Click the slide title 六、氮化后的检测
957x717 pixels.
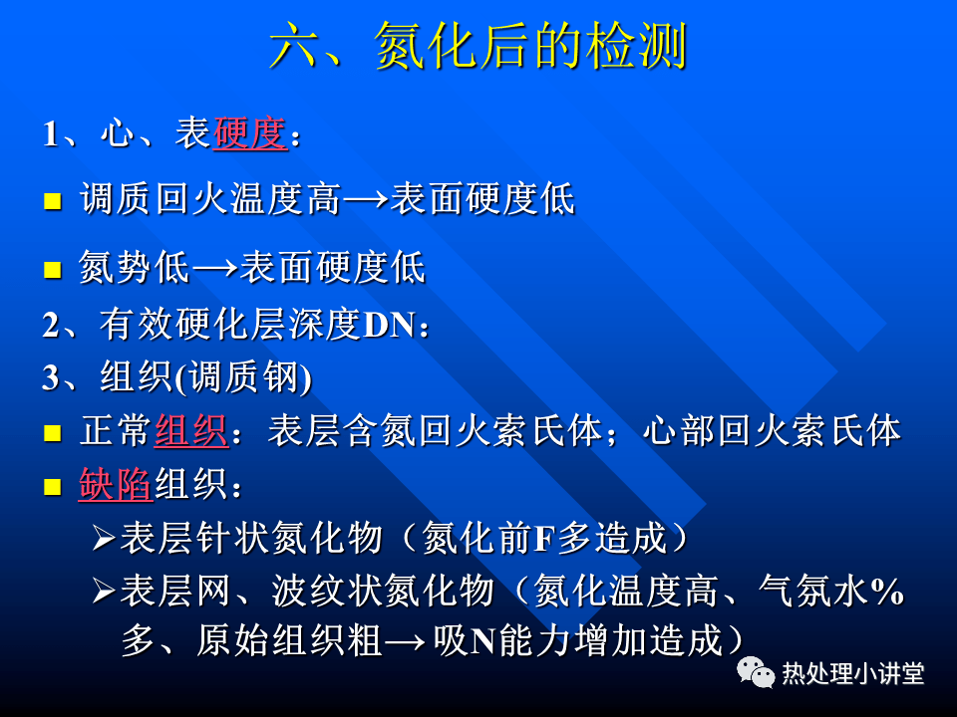[x=478, y=45]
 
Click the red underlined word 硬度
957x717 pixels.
[x=250, y=132]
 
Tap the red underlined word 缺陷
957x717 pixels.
[x=116, y=485]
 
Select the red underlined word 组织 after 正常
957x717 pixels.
[x=191, y=431]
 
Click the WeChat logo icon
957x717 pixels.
[x=756, y=672]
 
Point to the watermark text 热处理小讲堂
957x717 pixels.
[x=853, y=673]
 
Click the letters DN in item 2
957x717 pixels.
[x=389, y=325]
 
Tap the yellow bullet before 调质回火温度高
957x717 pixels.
[x=53, y=201]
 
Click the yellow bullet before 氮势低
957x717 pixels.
[x=53, y=270]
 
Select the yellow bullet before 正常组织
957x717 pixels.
[x=53, y=433]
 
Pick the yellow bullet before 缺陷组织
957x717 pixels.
[x=53, y=487]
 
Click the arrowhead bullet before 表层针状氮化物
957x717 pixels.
[x=104, y=539]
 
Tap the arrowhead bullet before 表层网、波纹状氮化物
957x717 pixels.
[x=104, y=591]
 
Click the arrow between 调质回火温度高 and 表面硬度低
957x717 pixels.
[x=365, y=199]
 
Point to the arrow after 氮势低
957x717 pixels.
[x=215, y=268]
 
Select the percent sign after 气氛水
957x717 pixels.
[x=887, y=591]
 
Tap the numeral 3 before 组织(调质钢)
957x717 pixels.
[x=50, y=378]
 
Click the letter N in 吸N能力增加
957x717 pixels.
[x=482, y=642]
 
